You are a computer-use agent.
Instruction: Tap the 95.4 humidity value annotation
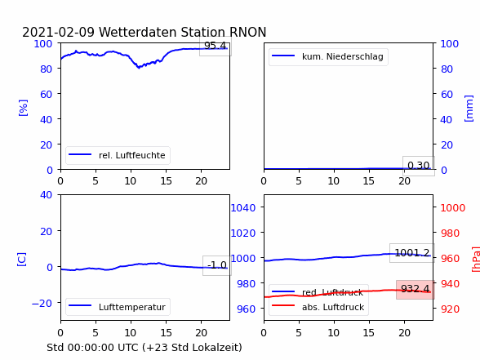click(216, 46)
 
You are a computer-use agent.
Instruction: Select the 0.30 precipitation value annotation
click(419, 166)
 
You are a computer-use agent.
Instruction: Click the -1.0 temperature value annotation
click(217, 265)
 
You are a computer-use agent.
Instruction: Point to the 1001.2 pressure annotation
click(412, 253)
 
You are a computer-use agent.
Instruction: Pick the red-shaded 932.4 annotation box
click(416, 289)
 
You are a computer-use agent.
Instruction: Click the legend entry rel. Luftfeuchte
click(118, 155)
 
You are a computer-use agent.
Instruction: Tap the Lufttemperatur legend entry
click(118, 307)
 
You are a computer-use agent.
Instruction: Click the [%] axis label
click(23, 108)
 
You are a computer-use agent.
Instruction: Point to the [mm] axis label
click(469, 109)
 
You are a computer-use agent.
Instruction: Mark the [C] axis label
click(22, 260)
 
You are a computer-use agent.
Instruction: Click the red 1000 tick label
click(453, 208)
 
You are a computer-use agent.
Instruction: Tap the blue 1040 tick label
click(243, 208)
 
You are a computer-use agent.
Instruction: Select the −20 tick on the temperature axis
click(42, 303)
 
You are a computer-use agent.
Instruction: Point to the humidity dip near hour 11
click(139, 67)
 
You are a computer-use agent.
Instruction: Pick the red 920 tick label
click(450, 309)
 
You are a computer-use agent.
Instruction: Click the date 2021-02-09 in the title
click(59, 32)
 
